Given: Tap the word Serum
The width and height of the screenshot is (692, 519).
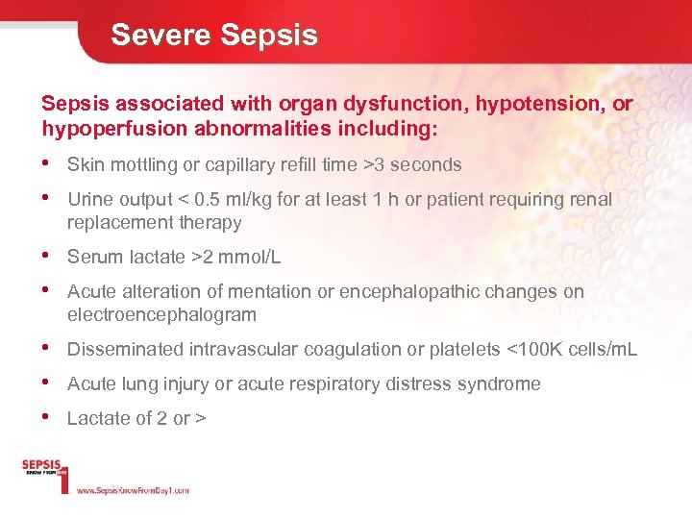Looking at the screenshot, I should [x=92, y=257].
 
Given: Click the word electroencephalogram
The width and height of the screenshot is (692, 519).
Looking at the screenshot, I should [x=161, y=314].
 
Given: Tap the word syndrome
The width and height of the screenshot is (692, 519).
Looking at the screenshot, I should [x=502, y=383].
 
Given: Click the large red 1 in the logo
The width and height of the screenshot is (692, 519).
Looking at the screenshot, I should [x=64, y=478].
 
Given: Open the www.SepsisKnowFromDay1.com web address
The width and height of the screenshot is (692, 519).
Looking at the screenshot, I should [x=133, y=490].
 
